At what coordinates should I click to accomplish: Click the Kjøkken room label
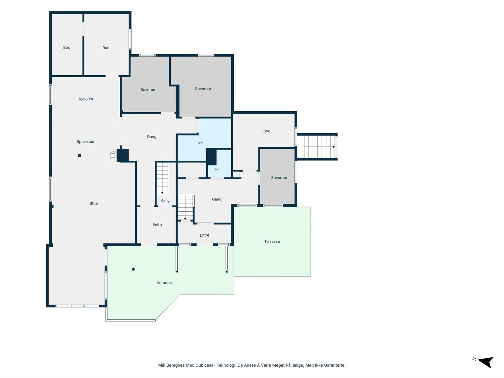pos(86,99)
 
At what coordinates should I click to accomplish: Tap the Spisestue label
pos(85,142)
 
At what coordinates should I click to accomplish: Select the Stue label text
pos(94,203)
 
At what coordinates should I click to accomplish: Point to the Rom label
pos(106,48)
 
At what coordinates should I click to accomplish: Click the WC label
pos(217,169)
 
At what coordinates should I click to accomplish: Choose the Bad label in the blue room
pos(200,143)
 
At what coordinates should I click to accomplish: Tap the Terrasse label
pos(272,241)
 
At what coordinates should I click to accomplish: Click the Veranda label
pos(164,283)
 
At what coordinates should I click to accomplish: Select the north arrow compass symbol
pos(485,362)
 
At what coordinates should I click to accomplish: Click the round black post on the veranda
pos(133,269)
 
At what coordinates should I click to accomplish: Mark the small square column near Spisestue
pos(79,155)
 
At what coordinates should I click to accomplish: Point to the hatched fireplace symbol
pos(113,155)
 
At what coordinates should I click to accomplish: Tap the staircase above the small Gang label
pos(162,178)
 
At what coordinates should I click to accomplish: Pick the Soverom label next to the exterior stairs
pos(279,178)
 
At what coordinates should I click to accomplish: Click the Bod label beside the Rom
pos(67,47)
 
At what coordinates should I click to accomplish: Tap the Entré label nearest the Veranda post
pos(157,225)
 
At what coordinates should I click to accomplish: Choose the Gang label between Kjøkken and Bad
pos(152,137)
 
